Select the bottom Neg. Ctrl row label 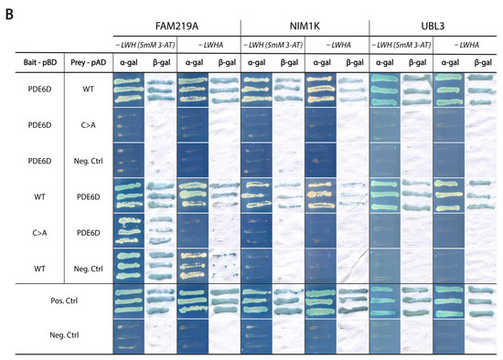tap(60, 334)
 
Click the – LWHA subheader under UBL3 tap(465, 44)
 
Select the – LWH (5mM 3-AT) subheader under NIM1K tap(273, 44)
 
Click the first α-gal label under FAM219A tap(129, 62)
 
